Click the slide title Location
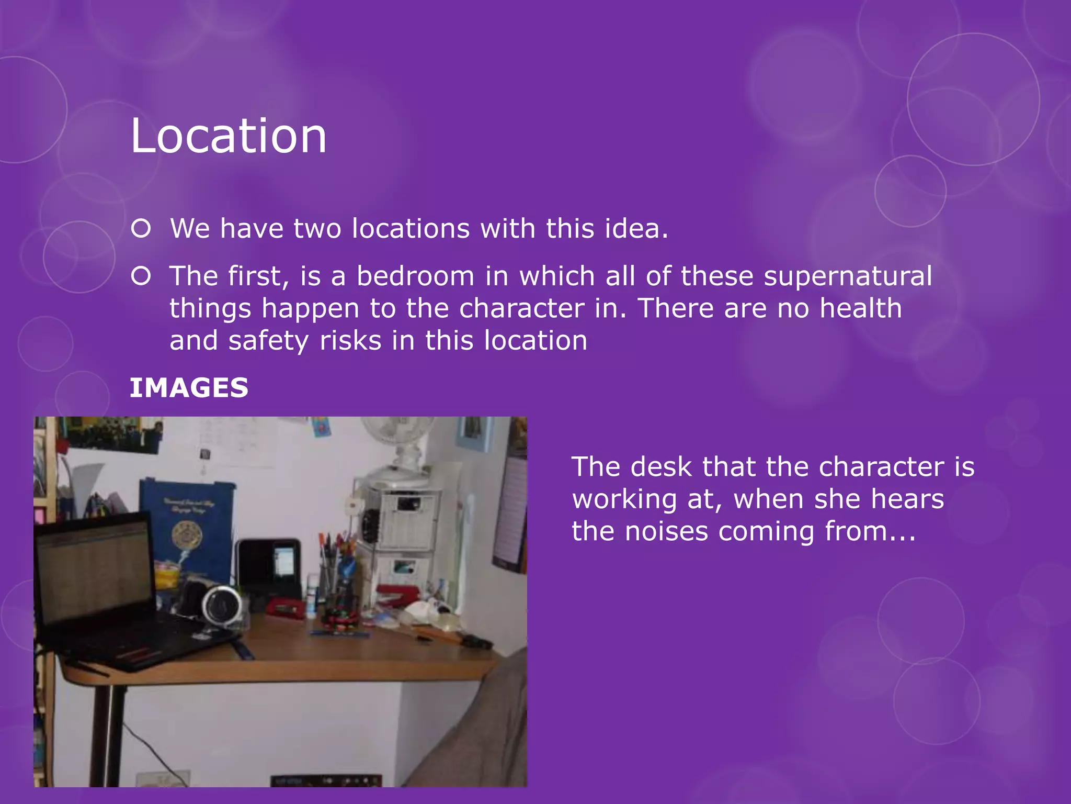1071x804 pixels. tap(229, 136)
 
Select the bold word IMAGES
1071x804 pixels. tap(189, 388)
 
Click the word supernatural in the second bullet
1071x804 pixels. tap(847, 276)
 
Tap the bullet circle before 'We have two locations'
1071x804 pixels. tap(141, 229)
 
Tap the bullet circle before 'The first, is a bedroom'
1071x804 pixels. tap(141, 276)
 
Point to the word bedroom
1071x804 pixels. tap(415, 276)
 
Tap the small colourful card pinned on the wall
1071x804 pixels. tap(320, 427)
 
